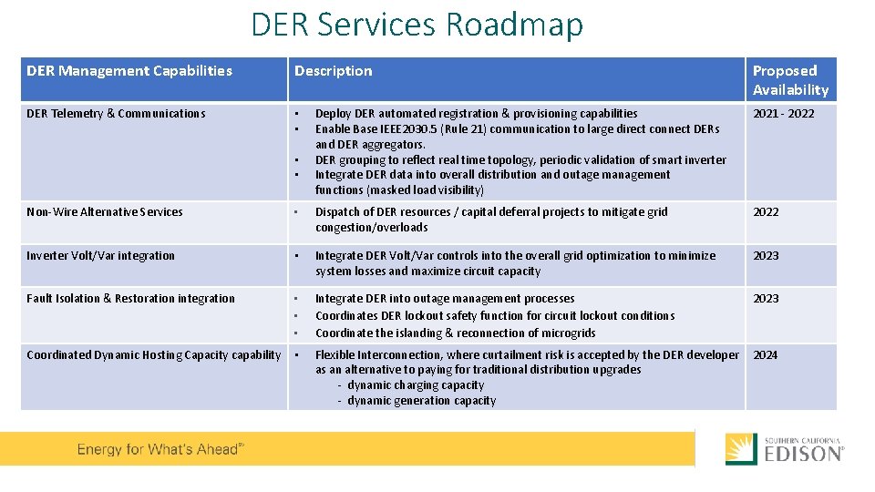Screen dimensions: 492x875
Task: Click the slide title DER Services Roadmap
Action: click(417, 25)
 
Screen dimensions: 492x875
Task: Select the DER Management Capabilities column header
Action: click(129, 71)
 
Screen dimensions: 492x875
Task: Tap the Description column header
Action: click(333, 71)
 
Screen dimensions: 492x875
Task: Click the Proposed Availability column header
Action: click(790, 80)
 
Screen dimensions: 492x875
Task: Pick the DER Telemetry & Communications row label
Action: click(116, 114)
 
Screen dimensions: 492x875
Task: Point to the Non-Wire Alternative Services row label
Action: click(105, 212)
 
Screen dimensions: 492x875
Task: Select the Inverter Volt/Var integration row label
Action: click(100, 256)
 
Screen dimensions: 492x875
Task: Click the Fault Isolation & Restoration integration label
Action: click(130, 299)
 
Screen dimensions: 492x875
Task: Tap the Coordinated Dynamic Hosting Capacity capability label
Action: click(153, 355)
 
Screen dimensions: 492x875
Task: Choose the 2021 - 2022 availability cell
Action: click(783, 114)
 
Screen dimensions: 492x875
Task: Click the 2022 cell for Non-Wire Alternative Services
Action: click(766, 212)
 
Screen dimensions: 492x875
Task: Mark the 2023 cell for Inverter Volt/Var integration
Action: click(766, 256)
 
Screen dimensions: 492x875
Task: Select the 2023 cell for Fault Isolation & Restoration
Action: click(766, 299)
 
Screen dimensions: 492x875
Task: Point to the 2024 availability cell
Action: click(766, 355)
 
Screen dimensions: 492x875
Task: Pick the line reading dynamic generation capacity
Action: click(421, 401)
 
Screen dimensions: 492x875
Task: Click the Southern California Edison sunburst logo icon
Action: click(740, 449)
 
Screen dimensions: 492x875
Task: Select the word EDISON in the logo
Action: click(802, 454)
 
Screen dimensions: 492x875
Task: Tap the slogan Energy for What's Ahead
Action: click(160, 449)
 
